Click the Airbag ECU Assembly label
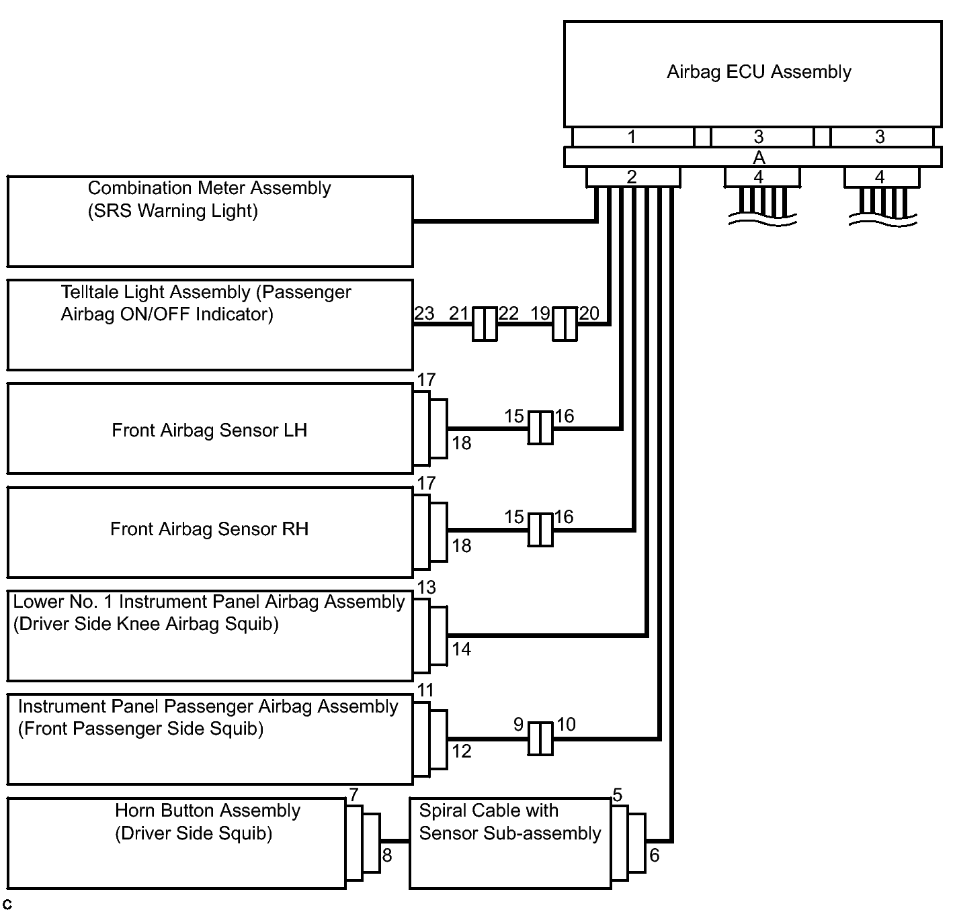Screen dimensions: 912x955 point(759,72)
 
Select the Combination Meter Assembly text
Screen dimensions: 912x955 point(209,188)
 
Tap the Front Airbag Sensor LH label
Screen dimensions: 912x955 point(209,430)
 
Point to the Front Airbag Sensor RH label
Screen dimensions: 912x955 point(209,529)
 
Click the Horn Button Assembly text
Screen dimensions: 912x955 point(207,811)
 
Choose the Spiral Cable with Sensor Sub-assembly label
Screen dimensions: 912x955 point(509,822)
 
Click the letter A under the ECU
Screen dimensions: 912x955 point(759,158)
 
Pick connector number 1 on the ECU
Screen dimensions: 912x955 point(632,137)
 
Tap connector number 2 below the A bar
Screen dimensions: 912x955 point(632,177)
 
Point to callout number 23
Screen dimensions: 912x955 point(424,314)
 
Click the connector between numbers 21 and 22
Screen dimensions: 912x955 point(485,324)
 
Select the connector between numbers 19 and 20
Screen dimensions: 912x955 point(565,324)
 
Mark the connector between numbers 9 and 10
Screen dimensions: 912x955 point(540,739)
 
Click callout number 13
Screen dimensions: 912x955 point(426,588)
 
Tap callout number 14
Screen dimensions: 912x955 point(462,649)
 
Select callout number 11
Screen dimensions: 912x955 point(425,690)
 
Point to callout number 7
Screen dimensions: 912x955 point(354,795)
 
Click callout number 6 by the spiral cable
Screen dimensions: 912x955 point(655,856)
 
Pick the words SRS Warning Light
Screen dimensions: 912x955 point(173,211)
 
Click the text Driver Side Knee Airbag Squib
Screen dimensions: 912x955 point(146,624)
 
